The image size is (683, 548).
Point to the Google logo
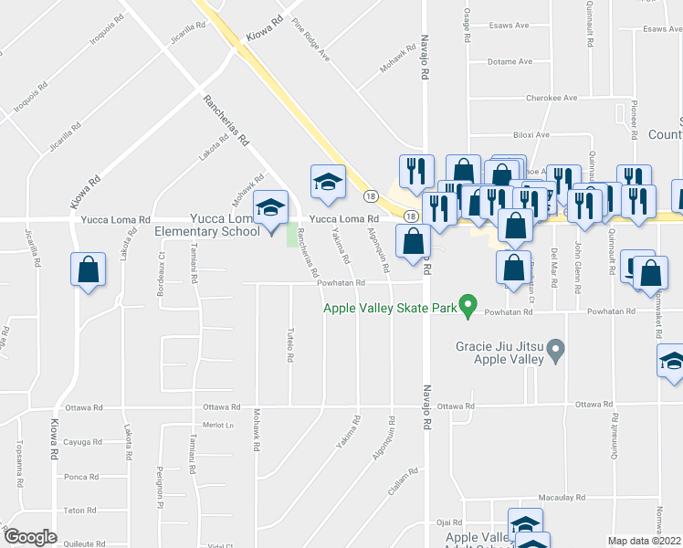[30, 537]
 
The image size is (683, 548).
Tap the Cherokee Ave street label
[552, 98]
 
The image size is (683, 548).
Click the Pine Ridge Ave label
[311, 40]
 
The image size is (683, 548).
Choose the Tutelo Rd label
[290, 344]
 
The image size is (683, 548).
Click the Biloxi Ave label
[531, 134]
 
